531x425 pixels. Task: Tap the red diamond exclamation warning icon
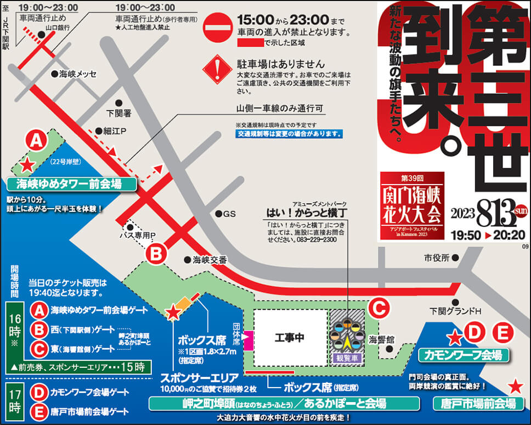pyautogui.click(x=218, y=70)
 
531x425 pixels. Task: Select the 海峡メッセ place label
pyautogui.click(x=77, y=74)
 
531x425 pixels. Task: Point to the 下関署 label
pyautogui.click(x=118, y=113)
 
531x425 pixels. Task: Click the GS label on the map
pyautogui.click(x=225, y=214)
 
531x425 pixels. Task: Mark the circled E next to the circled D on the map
pyautogui.click(x=502, y=333)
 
